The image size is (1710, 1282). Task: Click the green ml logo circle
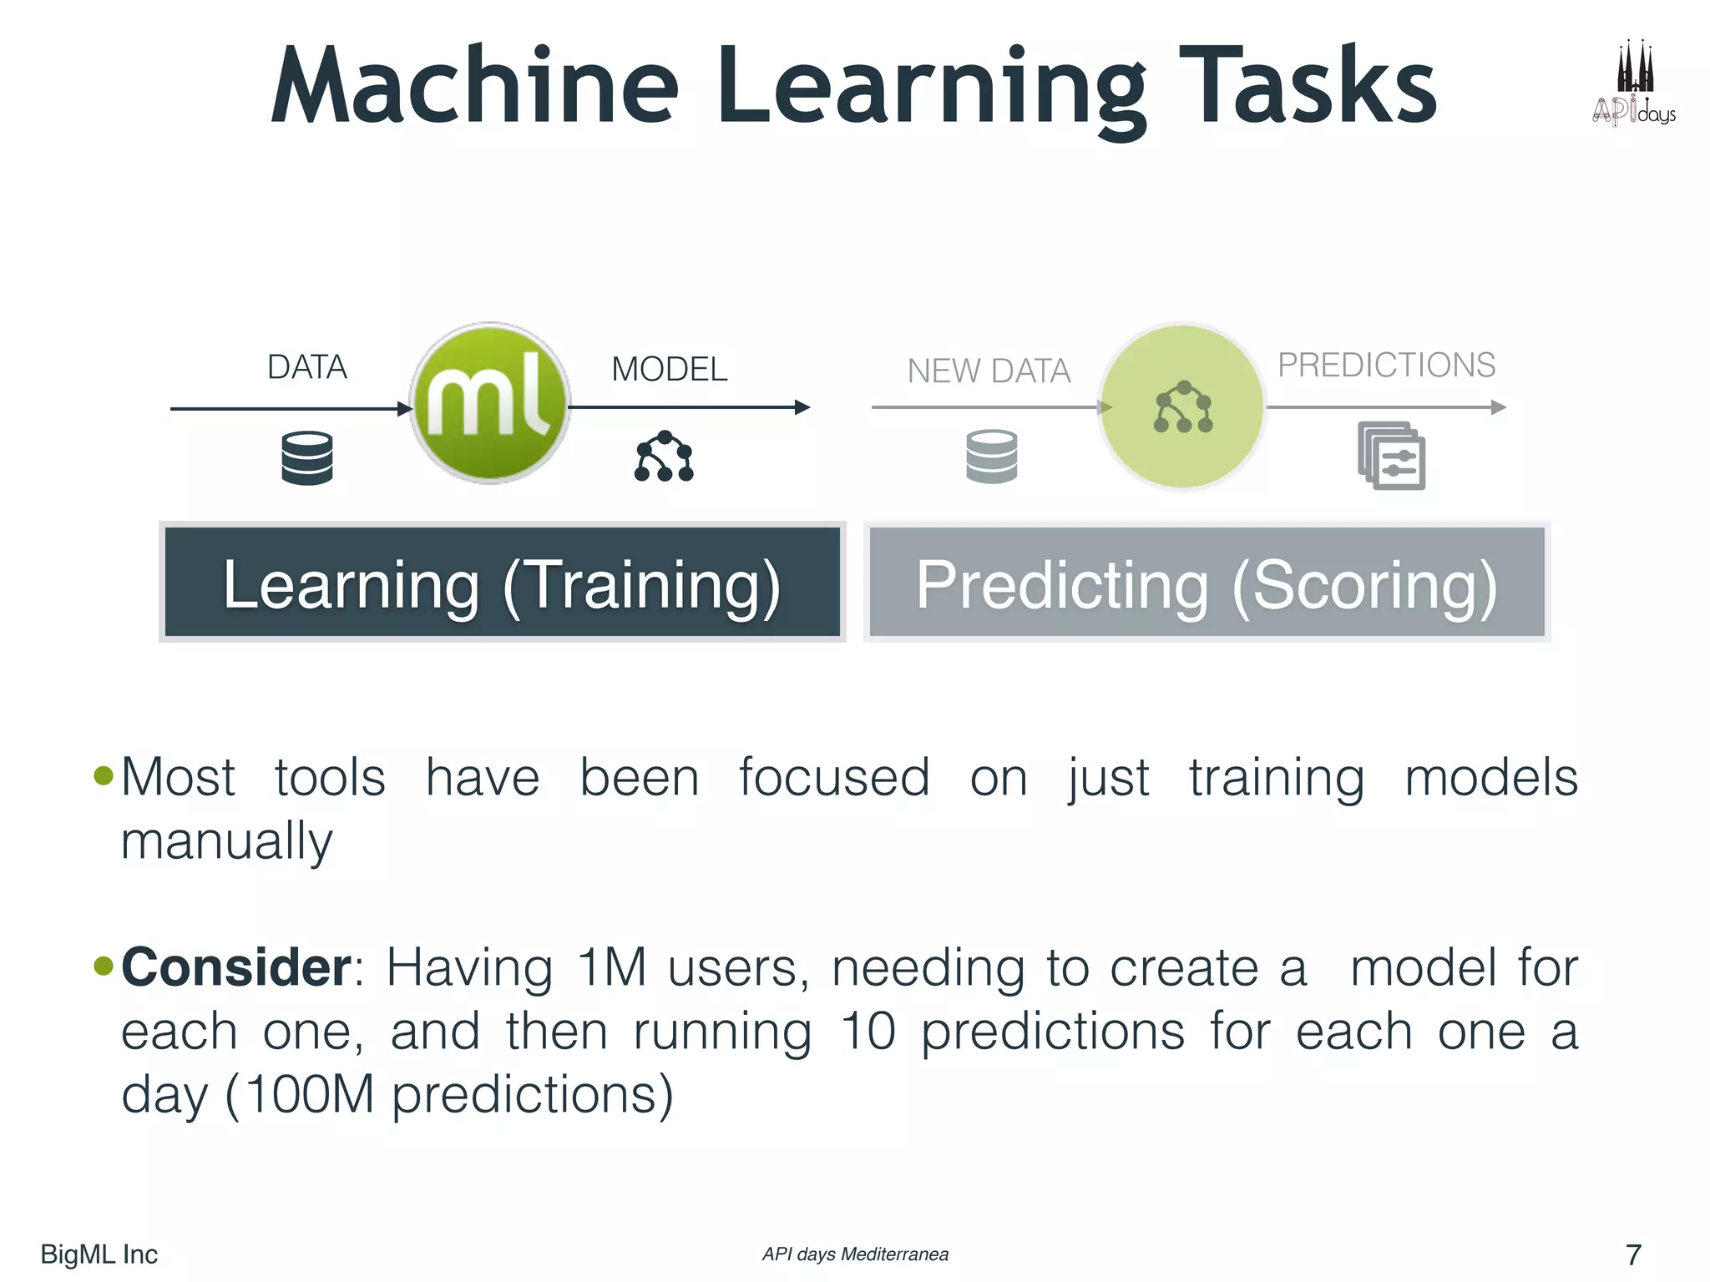[490, 403]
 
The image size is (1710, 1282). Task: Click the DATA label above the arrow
[306, 367]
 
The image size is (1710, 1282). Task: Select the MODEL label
[669, 369]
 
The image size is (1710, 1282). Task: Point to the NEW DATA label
[989, 371]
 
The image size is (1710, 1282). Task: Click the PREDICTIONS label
[1386, 365]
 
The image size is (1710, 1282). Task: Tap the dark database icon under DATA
[307, 457]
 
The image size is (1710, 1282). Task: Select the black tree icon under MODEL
[664, 456]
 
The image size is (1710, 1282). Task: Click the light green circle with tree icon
[1181, 407]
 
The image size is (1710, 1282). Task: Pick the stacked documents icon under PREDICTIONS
[1391, 456]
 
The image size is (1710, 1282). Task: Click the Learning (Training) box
[502, 582]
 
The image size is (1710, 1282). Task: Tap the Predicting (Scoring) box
[1207, 582]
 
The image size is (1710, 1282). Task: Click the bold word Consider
[236, 967]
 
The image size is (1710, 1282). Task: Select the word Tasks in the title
[1308, 86]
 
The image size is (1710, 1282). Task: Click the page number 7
[1633, 1254]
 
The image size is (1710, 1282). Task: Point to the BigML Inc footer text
[99, 1254]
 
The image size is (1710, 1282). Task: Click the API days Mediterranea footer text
[855, 1254]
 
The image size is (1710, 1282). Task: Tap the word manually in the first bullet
[226, 841]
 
